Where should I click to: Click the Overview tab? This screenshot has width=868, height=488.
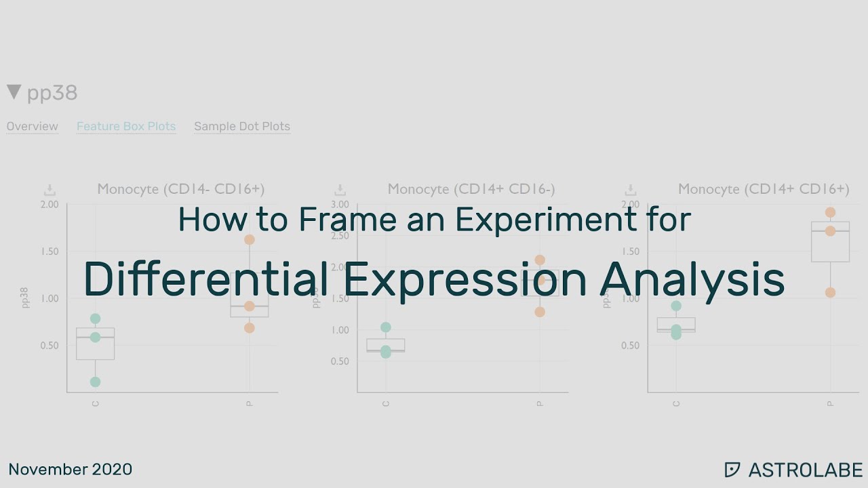[32, 126]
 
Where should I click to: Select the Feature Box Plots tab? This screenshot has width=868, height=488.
[126, 126]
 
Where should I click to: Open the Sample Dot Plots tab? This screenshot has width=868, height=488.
[242, 126]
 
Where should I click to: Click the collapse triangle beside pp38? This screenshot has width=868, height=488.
[14, 92]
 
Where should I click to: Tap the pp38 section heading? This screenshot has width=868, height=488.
[52, 93]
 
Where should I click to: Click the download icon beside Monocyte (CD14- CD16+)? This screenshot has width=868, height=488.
[50, 190]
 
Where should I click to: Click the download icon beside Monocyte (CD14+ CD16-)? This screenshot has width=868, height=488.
[340, 190]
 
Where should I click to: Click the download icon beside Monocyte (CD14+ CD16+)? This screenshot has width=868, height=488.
[631, 190]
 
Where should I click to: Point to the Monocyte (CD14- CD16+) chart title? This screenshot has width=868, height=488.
[180, 189]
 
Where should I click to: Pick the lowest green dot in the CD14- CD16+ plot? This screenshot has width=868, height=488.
[96, 382]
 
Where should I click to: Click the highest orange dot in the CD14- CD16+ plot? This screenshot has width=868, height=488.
[250, 239]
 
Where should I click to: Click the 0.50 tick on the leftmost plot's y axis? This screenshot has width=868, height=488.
[50, 346]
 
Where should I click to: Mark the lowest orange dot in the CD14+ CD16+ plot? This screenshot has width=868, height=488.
[830, 293]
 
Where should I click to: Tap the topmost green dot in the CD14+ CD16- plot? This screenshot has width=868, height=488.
[386, 327]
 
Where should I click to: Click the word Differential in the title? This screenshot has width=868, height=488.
[201, 279]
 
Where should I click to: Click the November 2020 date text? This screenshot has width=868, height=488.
[70, 469]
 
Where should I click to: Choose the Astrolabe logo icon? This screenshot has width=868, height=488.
[732, 470]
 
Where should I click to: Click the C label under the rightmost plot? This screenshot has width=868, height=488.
[676, 404]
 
